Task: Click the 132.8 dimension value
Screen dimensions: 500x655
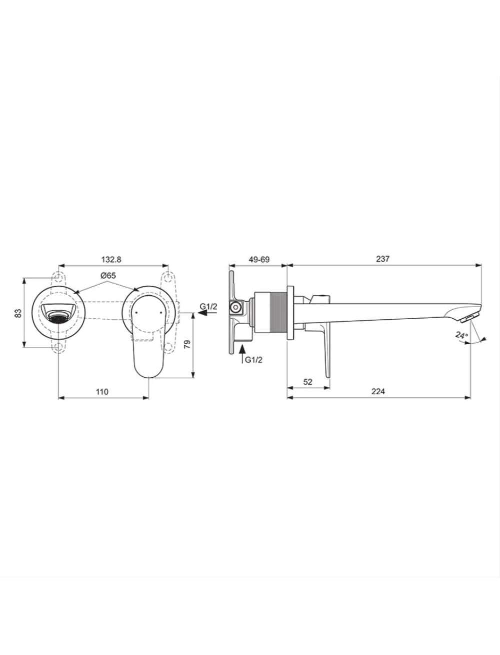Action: [111, 259]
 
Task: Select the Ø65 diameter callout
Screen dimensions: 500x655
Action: [108, 275]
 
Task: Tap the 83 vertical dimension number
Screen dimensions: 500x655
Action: [18, 313]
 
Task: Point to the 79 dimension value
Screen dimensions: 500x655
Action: [187, 344]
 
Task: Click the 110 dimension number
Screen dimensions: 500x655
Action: [102, 391]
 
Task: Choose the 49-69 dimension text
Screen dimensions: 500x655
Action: [259, 259]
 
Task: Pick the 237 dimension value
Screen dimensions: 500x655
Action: [382, 259]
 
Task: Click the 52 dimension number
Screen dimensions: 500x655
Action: [307, 382]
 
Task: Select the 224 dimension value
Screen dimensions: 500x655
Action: [378, 391]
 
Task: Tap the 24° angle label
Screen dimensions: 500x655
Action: [461, 335]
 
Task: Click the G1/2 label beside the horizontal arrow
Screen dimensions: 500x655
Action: [208, 306]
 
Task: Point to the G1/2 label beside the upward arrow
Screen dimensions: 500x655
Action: [253, 360]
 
